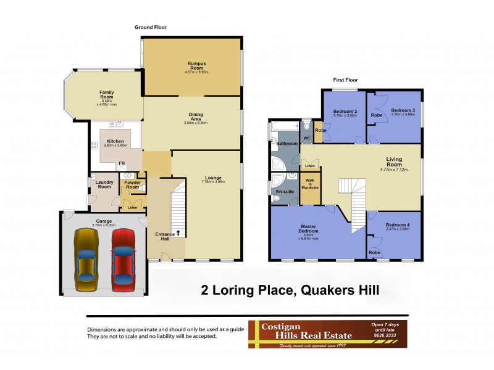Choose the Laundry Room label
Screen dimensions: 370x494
click(104, 185)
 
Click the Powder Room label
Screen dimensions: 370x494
click(133, 186)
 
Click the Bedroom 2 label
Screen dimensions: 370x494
click(343, 113)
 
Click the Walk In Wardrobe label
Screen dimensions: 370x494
click(310, 184)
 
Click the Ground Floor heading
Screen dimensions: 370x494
click(151, 27)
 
